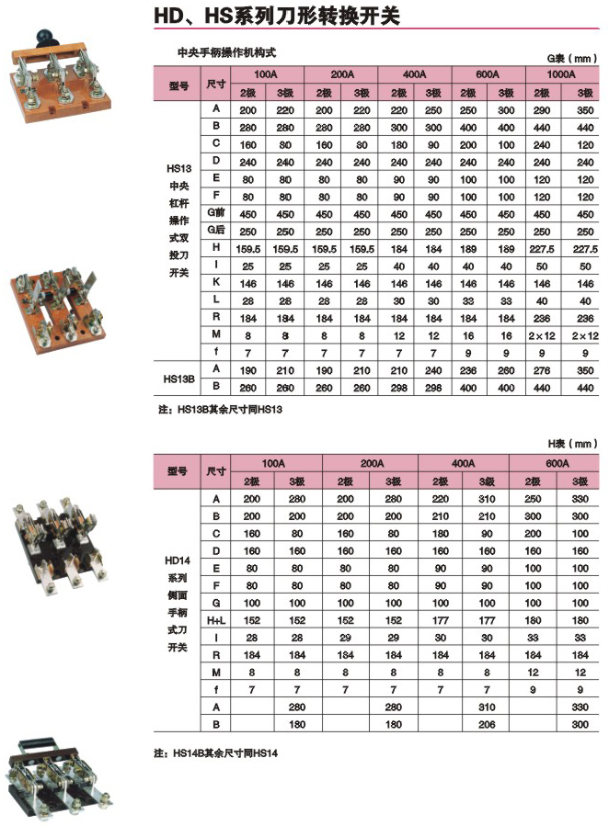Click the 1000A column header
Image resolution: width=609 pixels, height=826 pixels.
(562, 74)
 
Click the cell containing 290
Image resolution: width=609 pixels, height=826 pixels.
(540, 108)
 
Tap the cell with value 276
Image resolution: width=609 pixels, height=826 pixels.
(540, 369)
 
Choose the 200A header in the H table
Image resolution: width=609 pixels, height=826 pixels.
(370, 463)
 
